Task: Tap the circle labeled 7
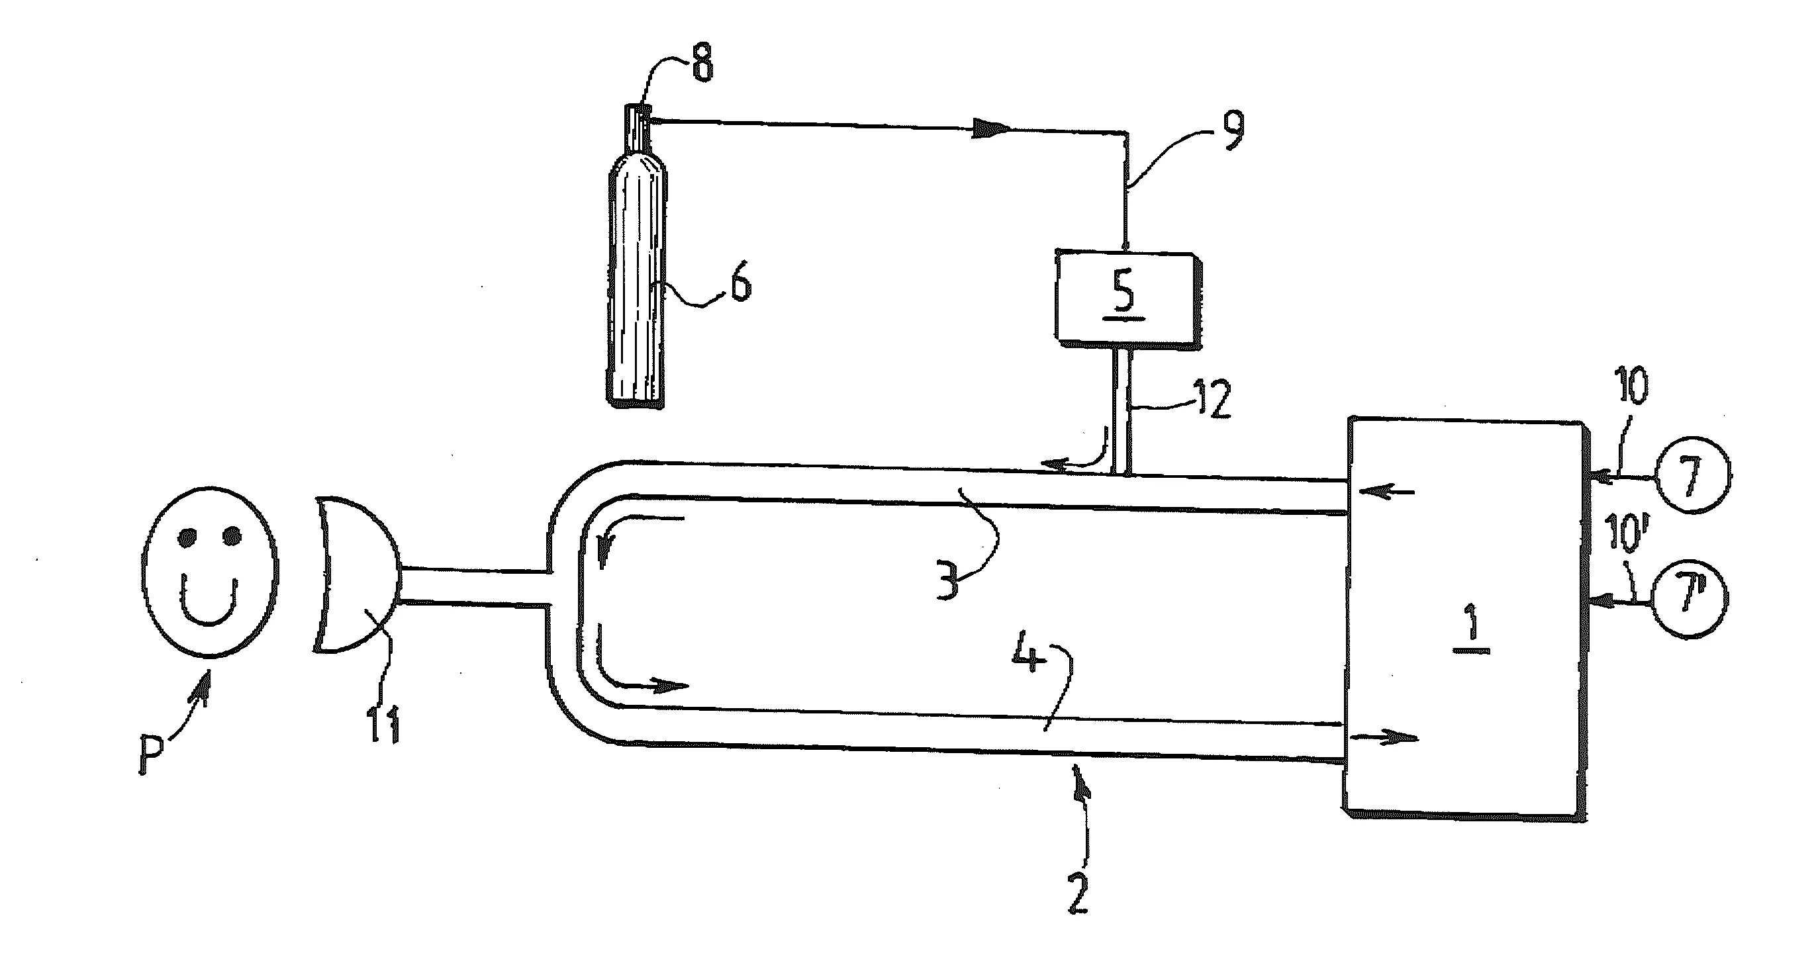1690,475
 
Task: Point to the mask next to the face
356,574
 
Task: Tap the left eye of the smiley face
185,538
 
